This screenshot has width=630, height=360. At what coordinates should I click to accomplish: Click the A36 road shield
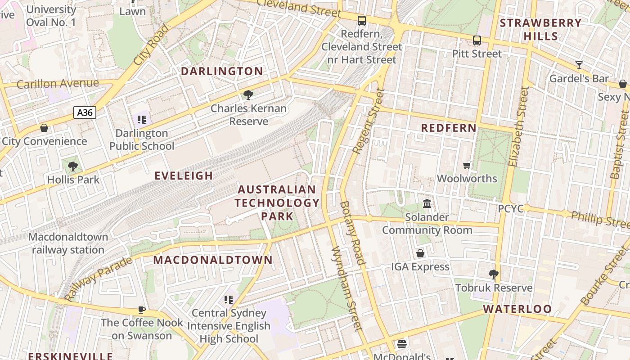tap(85, 112)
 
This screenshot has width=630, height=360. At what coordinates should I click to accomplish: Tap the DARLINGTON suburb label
tap(222, 71)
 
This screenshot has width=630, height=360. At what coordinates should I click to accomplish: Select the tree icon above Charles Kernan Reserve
tap(247, 94)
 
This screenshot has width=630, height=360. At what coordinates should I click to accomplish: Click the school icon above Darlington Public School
tap(142, 120)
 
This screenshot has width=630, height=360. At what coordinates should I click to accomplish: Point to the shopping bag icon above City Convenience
tap(44, 128)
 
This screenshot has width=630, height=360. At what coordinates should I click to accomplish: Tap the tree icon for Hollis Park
tap(72, 166)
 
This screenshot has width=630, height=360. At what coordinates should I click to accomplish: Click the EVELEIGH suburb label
tap(184, 175)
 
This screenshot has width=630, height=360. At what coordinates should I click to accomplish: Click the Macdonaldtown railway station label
tap(68, 243)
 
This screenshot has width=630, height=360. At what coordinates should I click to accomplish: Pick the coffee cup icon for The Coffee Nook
tap(141, 310)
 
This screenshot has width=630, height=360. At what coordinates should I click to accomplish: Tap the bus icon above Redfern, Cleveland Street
tap(362, 20)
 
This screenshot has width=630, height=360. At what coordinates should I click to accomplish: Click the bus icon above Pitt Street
tap(477, 40)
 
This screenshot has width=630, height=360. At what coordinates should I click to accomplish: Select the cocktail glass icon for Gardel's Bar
tap(579, 65)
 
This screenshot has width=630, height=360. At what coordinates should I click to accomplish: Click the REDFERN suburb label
tap(449, 128)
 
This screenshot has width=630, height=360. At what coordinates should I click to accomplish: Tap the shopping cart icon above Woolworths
tap(467, 165)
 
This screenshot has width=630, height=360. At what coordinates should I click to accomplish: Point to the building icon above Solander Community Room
tap(427, 204)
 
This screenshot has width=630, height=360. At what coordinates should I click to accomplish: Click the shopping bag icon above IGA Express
tap(420, 253)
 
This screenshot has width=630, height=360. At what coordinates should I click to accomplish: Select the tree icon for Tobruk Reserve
tap(494, 274)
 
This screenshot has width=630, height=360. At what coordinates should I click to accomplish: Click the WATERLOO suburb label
tap(517, 309)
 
